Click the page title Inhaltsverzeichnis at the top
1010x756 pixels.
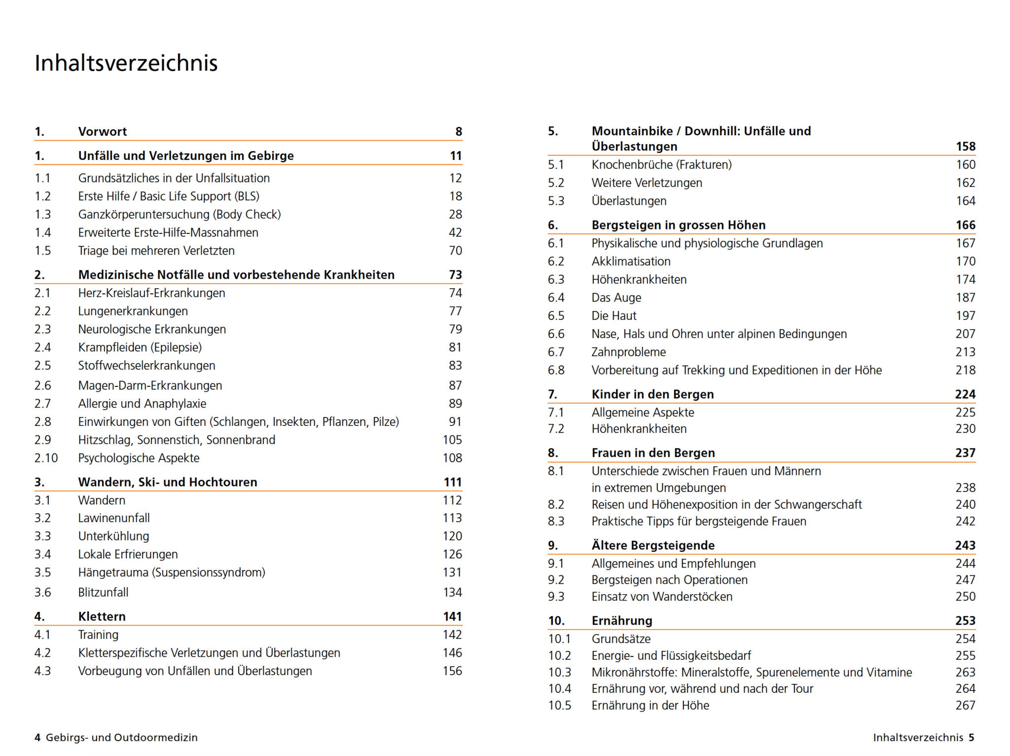pyautogui.click(x=126, y=63)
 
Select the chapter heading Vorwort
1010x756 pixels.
pyautogui.click(x=103, y=131)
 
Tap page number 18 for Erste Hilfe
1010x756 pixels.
pyautogui.click(x=455, y=196)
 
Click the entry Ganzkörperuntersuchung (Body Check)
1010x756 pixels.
pyautogui.click(x=180, y=214)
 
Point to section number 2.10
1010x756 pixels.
pyautogui.click(x=46, y=458)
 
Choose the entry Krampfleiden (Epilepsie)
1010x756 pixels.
pyautogui.click(x=140, y=347)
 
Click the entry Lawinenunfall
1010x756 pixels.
pyautogui.click(x=114, y=518)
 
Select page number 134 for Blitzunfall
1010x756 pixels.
pyautogui.click(x=452, y=592)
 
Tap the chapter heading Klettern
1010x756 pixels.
pyautogui.click(x=102, y=616)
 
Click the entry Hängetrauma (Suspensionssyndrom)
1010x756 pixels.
pyautogui.click(x=172, y=572)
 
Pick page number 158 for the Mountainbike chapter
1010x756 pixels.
pyautogui.click(x=965, y=147)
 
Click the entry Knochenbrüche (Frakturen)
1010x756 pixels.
pyautogui.click(x=661, y=164)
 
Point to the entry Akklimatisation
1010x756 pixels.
pyautogui.click(x=631, y=261)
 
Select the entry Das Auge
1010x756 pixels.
pyautogui.click(x=616, y=298)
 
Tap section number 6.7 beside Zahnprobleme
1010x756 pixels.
pyautogui.click(x=556, y=352)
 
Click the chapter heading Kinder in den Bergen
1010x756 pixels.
pyautogui.click(x=652, y=394)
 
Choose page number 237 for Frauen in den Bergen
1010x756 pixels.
pyautogui.click(x=965, y=453)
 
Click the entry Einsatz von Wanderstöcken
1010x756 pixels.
pyautogui.click(x=662, y=597)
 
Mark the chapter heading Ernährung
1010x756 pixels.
pyautogui.click(x=622, y=621)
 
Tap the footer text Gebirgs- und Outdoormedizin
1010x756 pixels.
pyautogui.click(x=121, y=737)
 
